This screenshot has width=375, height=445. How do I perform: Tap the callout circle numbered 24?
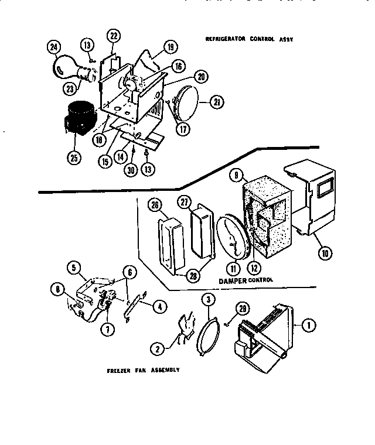pos(54,48)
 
